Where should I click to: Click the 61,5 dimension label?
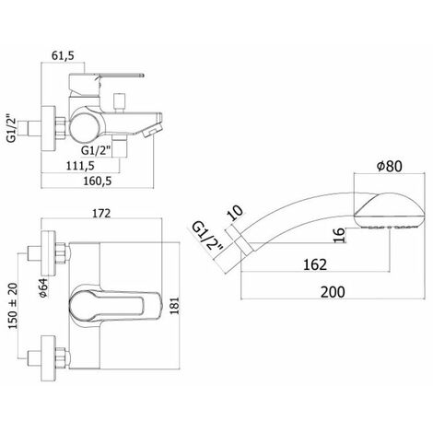click(63, 56)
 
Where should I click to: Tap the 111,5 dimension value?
click(80, 166)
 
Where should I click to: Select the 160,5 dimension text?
click(98, 181)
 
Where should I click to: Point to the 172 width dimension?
click(101, 213)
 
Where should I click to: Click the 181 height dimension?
click(174, 306)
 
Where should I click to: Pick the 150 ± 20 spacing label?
click(13, 306)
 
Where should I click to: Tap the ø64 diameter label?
click(44, 287)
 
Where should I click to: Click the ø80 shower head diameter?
click(390, 166)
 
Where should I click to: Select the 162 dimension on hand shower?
click(315, 264)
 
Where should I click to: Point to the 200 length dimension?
click(333, 292)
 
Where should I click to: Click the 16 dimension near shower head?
click(340, 236)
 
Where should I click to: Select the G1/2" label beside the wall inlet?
click(11, 128)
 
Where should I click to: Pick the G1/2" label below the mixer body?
click(96, 150)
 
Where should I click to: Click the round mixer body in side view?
click(85, 127)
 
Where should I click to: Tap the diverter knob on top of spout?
click(119, 101)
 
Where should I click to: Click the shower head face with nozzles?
click(390, 227)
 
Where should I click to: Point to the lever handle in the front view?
click(115, 306)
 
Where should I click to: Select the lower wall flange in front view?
click(49, 358)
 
